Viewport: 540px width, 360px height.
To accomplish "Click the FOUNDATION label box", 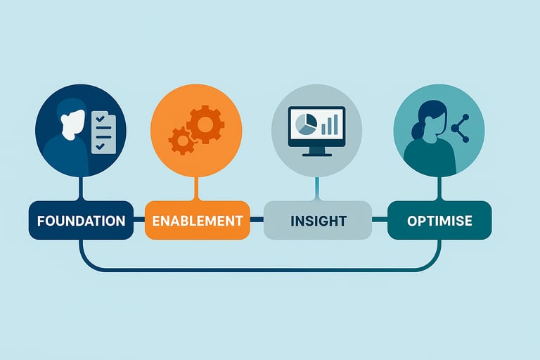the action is pyautogui.click(x=81, y=220).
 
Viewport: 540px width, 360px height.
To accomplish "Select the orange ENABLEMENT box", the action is pyautogui.click(x=197, y=220).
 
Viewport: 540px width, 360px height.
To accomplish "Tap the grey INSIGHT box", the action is pyautogui.click(x=318, y=220).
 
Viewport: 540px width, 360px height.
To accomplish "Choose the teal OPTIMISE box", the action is pyautogui.click(x=439, y=220).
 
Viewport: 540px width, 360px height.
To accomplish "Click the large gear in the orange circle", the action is pyautogui.click(x=205, y=125).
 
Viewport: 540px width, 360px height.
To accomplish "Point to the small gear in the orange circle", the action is pyautogui.click(x=182, y=140).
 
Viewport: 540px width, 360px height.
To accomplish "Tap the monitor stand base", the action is pyautogui.click(x=316, y=153).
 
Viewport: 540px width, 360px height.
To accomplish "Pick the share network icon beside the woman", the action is pyautogui.click(x=460, y=129).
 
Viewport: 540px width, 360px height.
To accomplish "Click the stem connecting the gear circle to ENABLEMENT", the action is pyautogui.click(x=198, y=188).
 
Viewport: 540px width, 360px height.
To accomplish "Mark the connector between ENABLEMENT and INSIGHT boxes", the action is pyautogui.click(x=257, y=220).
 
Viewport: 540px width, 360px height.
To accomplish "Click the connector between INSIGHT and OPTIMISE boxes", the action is pyautogui.click(x=380, y=220).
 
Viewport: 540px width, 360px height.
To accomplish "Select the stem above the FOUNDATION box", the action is pyautogui.click(x=82, y=188).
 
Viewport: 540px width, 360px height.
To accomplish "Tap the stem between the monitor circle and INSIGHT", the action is pyautogui.click(x=317, y=188).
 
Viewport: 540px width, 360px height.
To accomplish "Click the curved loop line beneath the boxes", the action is pyautogui.click(x=260, y=269).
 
